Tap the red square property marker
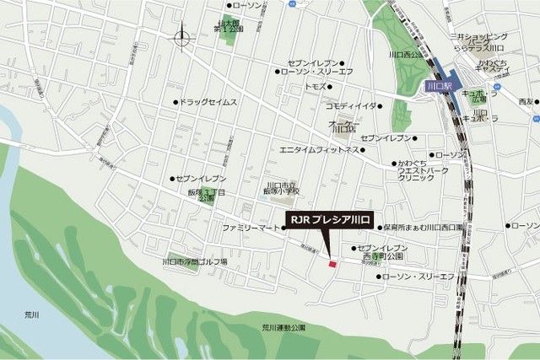[332, 264]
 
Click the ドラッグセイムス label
[208, 102]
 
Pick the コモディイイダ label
[350, 105]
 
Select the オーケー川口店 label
[343, 126]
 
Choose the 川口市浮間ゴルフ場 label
[194, 261]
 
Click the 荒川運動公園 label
[283, 327]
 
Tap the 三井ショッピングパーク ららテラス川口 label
[479, 41]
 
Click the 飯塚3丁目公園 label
[207, 196]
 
